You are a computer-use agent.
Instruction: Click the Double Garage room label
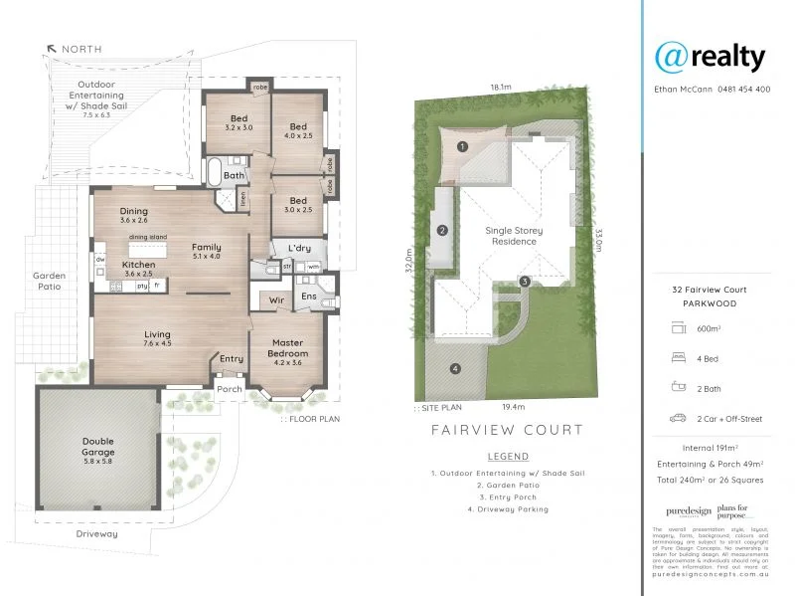[99, 447]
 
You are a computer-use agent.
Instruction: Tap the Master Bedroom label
[286, 347]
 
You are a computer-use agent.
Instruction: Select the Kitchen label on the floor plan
[136, 265]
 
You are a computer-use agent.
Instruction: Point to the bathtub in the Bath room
[213, 171]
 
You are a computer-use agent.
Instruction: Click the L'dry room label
[299, 248]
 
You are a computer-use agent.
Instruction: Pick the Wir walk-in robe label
[276, 298]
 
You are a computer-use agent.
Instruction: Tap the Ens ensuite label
[309, 296]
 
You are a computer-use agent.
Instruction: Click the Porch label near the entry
[230, 389]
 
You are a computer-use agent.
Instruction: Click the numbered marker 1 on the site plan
[462, 146]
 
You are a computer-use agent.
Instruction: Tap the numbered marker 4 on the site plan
[455, 369]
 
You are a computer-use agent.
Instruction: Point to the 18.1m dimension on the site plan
[500, 88]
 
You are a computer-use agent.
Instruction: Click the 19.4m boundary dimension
[513, 406]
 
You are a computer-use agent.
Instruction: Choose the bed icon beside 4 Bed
[681, 355]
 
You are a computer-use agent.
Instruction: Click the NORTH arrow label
[82, 49]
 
